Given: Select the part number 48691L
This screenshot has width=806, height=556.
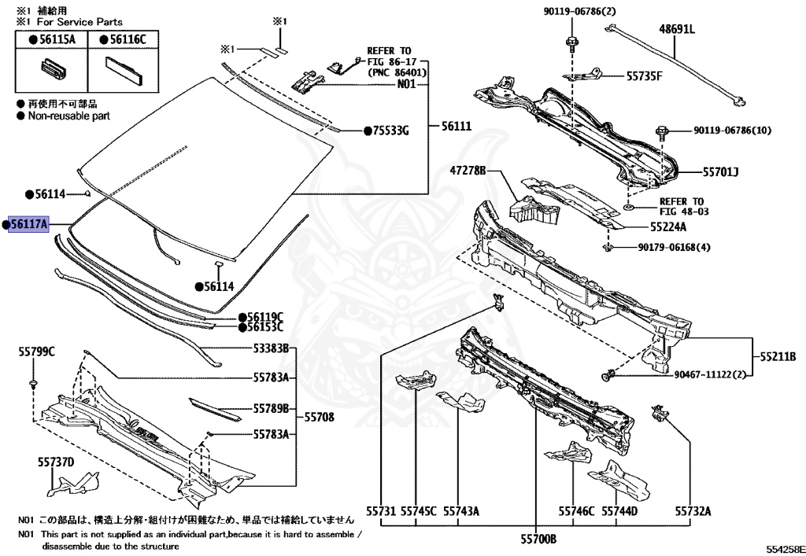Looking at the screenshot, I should point(677,30).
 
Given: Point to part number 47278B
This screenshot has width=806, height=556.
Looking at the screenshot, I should point(468,171).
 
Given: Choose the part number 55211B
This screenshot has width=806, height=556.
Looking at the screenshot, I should point(778,356).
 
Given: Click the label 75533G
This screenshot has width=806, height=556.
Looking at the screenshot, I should point(390,131).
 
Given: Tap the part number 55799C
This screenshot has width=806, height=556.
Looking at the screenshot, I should point(36,352).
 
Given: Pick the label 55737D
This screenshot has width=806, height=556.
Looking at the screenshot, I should point(54,462).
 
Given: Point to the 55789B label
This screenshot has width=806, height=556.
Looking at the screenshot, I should point(272,408).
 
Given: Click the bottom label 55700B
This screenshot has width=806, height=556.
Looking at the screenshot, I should point(537,539).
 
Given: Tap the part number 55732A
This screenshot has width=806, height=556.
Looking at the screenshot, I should point(692,511).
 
